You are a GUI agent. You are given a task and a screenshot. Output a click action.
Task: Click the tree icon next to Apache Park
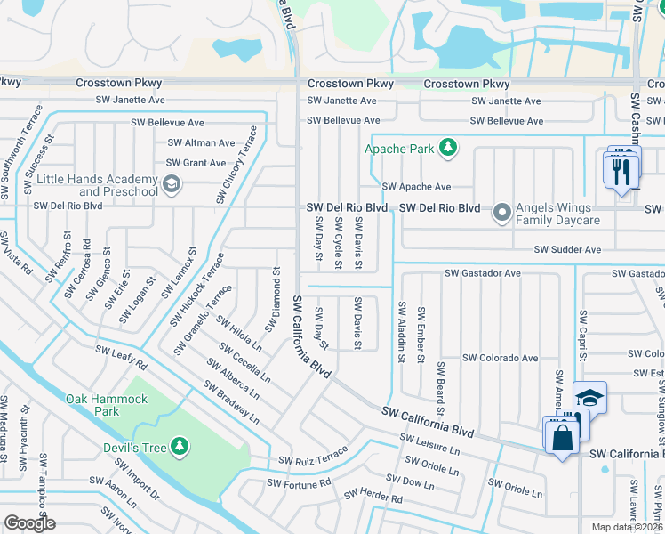coord(449,148)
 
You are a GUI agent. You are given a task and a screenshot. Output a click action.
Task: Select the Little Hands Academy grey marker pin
coord(172,185)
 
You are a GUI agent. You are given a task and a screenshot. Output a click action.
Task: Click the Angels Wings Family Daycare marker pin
coord(501,213)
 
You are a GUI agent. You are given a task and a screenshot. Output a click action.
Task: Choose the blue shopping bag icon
coord(562,437)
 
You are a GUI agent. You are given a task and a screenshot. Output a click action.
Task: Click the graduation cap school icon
coord(589,398)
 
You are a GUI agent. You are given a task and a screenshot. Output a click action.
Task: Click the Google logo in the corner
coord(29,523)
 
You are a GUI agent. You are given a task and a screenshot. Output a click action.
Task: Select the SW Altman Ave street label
coord(201,142)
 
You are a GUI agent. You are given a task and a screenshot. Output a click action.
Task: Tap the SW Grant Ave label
coord(196,163)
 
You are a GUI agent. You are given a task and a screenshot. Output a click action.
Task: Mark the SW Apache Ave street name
coord(416,187)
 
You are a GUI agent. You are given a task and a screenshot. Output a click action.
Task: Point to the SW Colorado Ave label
coord(500,358)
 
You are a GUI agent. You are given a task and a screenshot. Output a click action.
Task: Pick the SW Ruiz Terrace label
coord(313,460)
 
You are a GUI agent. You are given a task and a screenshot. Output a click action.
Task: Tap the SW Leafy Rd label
coord(122,353)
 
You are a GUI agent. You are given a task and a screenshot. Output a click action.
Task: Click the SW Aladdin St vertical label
coord(401,331)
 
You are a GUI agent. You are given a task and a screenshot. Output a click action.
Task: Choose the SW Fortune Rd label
coord(299,482)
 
